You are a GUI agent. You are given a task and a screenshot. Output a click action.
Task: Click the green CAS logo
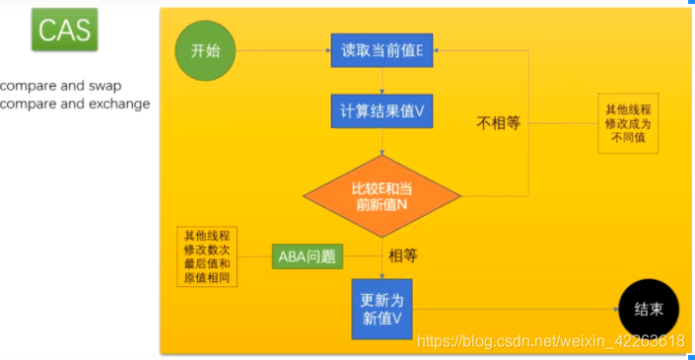click(65, 32)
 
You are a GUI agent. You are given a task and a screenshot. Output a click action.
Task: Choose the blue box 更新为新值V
click(382, 309)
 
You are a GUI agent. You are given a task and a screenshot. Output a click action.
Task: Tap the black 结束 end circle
click(648, 309)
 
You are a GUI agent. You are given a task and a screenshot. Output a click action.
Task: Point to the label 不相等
click(498, 124)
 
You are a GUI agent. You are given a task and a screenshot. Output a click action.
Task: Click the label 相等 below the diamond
click(403, 256)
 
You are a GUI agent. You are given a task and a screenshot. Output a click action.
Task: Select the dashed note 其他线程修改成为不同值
click(628, 123)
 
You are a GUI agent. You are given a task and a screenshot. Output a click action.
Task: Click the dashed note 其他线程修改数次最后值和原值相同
click(210, 256)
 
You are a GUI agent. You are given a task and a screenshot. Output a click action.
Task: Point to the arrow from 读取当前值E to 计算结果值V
click(382, 80)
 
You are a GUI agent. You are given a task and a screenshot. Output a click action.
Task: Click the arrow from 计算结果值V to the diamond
click(382, 142)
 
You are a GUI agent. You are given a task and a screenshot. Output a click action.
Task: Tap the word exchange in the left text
click(119, 104)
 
